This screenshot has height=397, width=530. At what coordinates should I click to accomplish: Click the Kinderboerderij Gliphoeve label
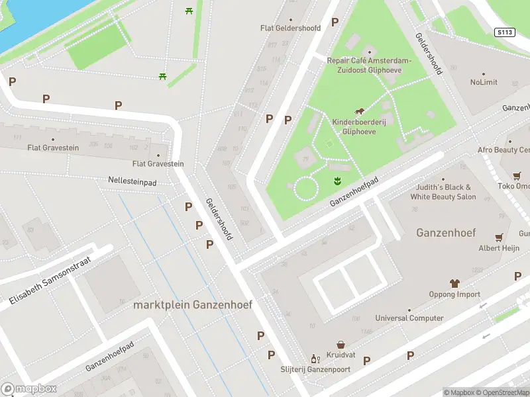(x=358, y=126)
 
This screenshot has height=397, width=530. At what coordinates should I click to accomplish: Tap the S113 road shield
(x=504, y=31)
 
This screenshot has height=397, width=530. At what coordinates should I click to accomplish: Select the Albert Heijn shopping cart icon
(x=499, y=238)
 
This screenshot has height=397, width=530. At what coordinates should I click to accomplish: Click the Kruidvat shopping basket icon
(x=341, y=345)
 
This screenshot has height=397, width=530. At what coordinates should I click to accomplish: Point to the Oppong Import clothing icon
(x=454, y=283)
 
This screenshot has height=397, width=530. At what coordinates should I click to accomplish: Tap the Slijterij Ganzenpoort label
(x=314, y=369)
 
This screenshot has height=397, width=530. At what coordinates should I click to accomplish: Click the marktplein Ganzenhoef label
(x=192, y=305)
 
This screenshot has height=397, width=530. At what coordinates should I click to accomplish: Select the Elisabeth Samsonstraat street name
(x=49, y=281)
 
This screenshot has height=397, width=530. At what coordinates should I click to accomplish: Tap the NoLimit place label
(x=484, y=82)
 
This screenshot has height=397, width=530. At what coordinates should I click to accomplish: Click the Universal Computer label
(x=409, y=318)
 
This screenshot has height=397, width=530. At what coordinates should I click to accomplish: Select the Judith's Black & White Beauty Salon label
(x=443, y=192)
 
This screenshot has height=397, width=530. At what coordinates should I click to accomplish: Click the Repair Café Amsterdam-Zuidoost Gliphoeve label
(x=369, y=65)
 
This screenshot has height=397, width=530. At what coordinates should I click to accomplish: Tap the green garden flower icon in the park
(x=337, y=181)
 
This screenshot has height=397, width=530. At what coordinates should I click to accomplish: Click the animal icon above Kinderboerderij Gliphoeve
(x=358, y=110)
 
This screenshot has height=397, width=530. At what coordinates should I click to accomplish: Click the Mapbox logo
(x=29, y=389)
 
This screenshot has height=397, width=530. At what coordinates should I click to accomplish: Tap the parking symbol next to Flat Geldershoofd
(x=335, y=22)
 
